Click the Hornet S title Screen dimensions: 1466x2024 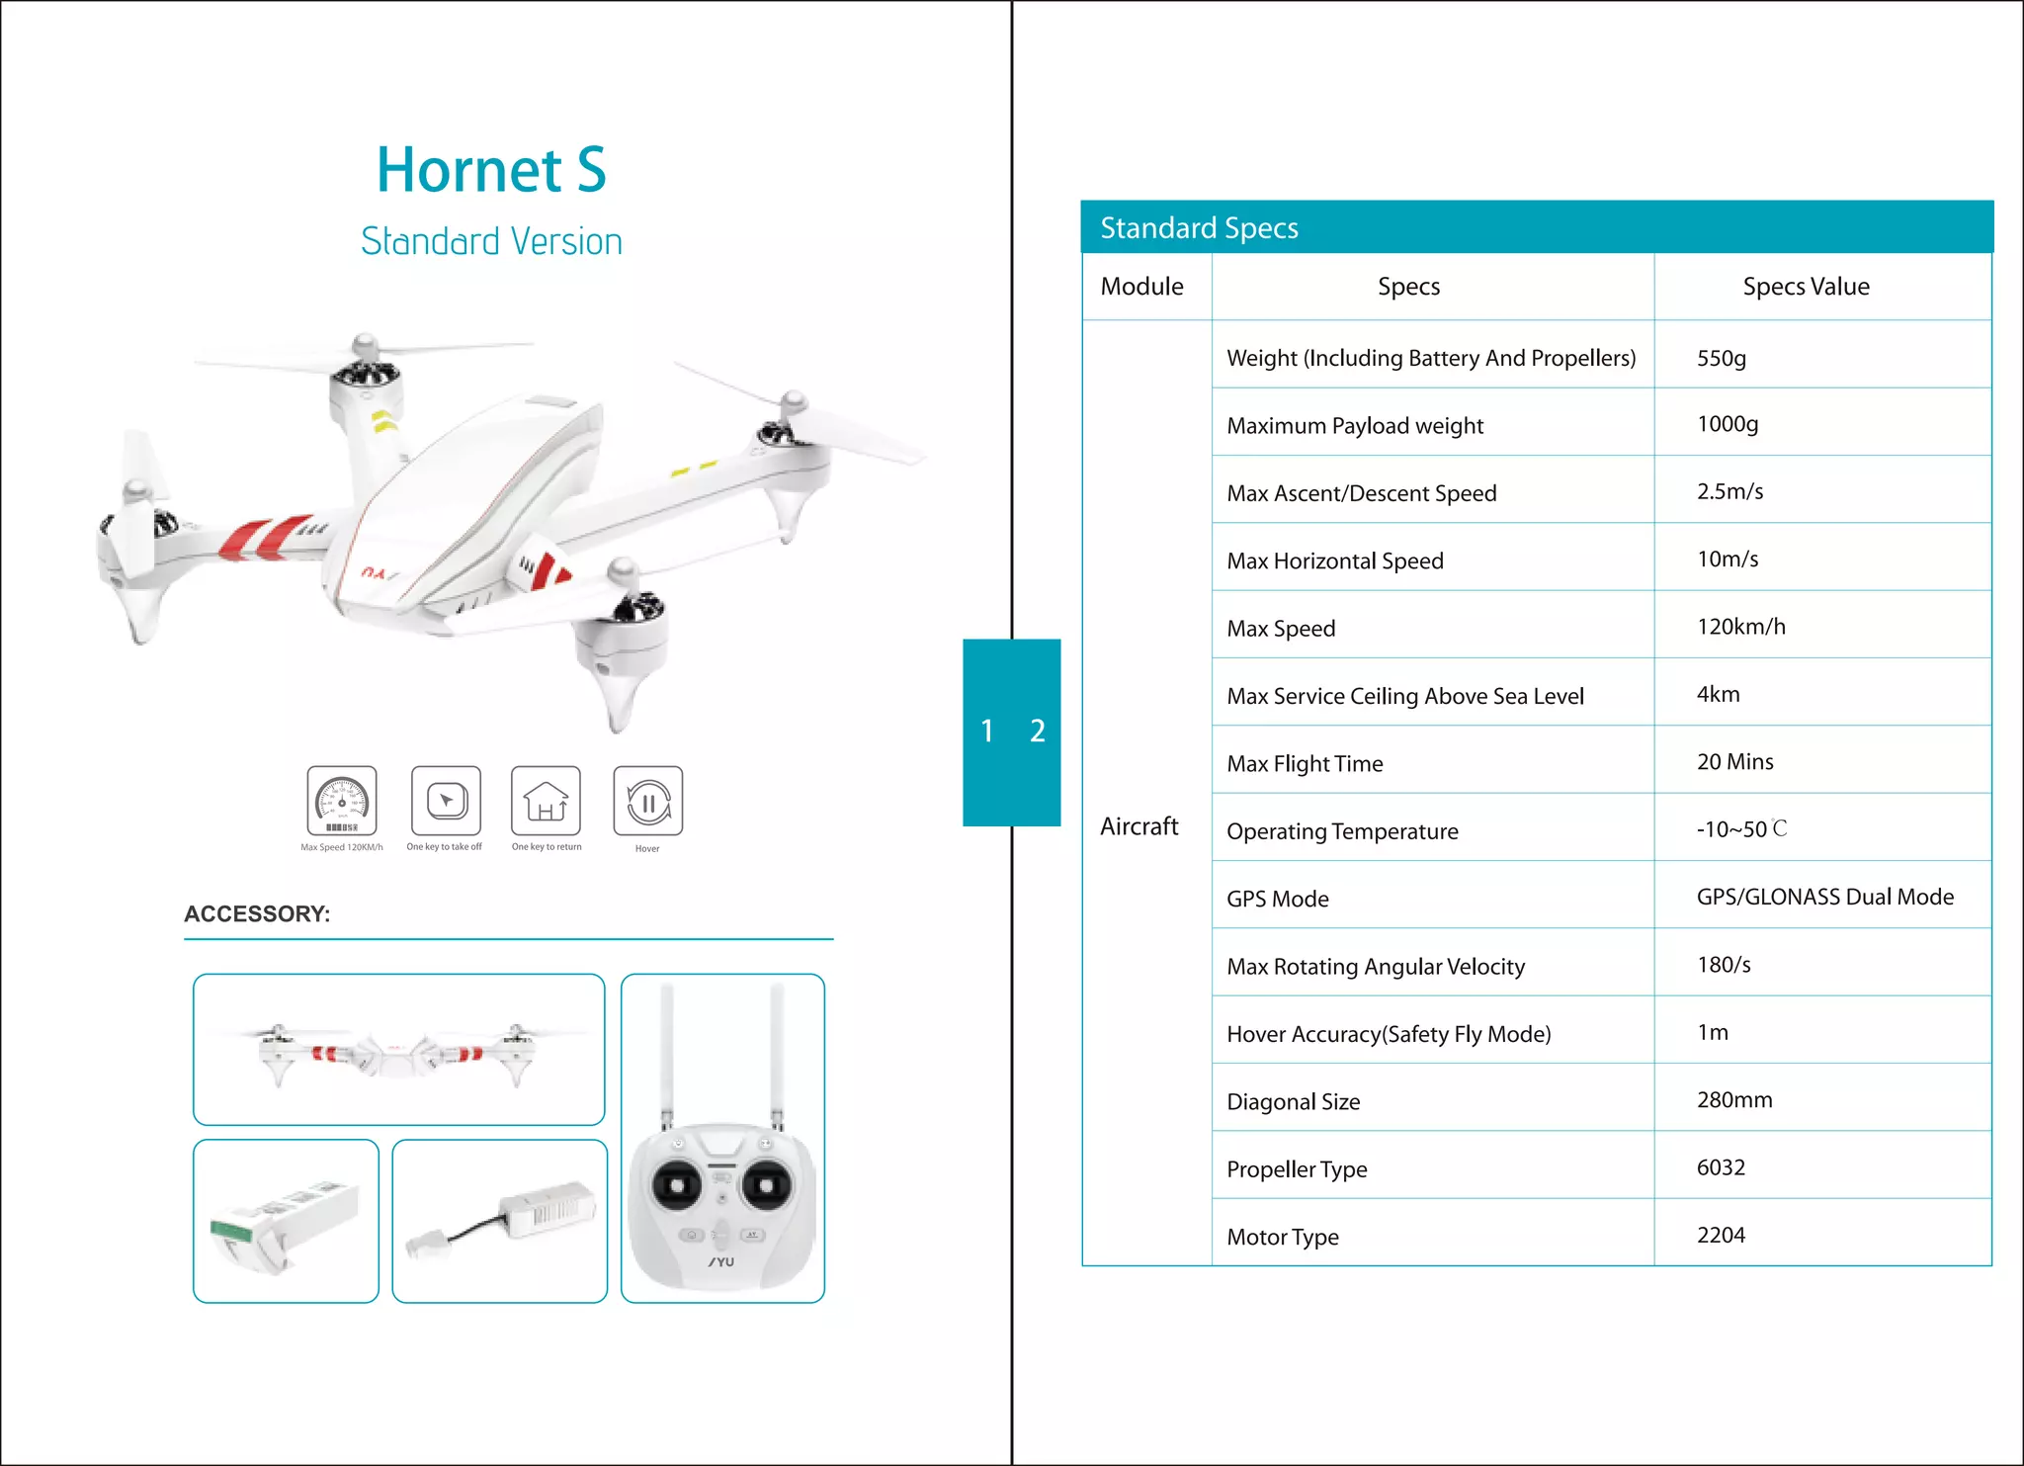pyautogui.click(x=491, y=170)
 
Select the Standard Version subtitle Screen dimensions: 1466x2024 pyautogui.click(x=491, y=242)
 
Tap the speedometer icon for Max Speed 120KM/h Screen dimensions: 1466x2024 pyautogui.click(x=342, y=801)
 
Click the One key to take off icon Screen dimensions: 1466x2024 pyautogui.click(x=446, y=801)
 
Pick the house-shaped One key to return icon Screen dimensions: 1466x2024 pyautogui.click(x=546, y=801)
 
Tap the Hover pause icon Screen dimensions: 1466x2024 pyautogui.click(x=647, y=801)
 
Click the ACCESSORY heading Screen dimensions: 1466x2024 pyautogui.click(x=257, y=913)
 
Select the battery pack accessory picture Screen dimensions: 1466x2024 pyautogui.click(x=286, y=1222)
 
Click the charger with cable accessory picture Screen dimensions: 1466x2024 pyautogui.click(x=500, y=1222)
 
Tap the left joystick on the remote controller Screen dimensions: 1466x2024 pyautogui.click(x=678, y=1184)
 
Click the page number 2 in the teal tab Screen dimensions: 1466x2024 pyautogui.click(x=1037, y=731)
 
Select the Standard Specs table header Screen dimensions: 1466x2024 pyautogui.click(x=1199, y=228)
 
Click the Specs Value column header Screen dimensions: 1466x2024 pyautogui.click(x=1806, y=287)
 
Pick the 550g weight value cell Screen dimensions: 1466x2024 pyautogui.click(x=1722, y=358)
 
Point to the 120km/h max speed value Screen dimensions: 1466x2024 pyautogui.click(x=1740, y=627)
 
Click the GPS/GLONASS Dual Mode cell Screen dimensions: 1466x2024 pyautogui.click(x=1824, y=897)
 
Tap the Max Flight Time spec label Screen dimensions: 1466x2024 pyautogui.click(x=1305, y=763)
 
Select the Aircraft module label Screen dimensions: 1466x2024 pyautogui.click(x=1139, y=826)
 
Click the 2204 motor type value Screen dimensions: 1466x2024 pyautogui.click(x=1721, y=1235)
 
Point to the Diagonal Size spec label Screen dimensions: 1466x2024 pyautogui.click(x=1293, y=1101)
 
